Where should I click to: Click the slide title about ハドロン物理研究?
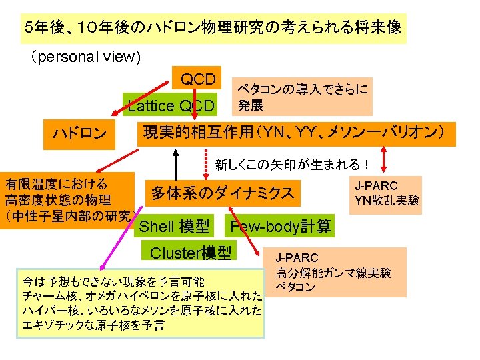pos(211,28)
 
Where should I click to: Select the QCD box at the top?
pos(198,80)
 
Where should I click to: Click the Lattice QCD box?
pos(171,105)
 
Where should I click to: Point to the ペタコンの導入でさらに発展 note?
pos(302,97)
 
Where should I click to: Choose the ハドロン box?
pos(79,133)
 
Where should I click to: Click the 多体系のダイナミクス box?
pos(222,193)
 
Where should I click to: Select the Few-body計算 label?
pos(280,227)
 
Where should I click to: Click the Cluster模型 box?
pos(191,253)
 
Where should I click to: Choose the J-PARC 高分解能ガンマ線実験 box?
pos(339,272)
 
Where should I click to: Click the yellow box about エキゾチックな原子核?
pos(141,303)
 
